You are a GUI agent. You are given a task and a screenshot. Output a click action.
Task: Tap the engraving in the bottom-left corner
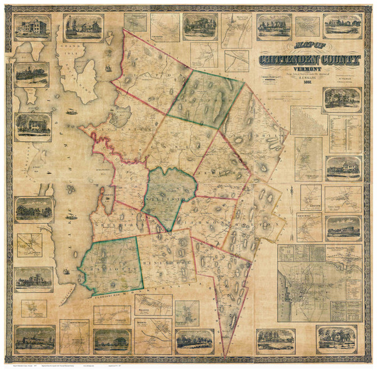[x=35, y=339]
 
